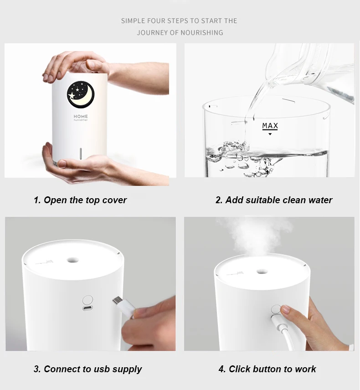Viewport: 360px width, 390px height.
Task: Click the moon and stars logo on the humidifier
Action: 81,94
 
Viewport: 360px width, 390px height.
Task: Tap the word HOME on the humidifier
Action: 81,116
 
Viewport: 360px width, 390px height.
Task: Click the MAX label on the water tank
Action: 270,126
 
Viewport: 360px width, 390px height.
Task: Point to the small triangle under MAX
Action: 270,134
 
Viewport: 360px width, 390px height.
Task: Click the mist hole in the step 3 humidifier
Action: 72,260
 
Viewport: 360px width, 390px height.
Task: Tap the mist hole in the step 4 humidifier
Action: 261,271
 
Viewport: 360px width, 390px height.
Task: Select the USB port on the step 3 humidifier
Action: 87,308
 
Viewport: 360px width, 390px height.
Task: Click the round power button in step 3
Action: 87,300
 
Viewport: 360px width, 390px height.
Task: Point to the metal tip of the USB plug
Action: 116,301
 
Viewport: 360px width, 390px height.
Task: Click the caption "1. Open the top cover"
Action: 80,200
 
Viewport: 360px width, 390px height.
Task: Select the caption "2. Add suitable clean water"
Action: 274,200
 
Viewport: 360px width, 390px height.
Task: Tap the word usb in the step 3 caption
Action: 102,369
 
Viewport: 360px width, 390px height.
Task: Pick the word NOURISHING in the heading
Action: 201,33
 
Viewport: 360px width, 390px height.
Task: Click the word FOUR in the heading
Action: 156,21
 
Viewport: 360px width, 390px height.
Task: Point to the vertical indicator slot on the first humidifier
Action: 80,154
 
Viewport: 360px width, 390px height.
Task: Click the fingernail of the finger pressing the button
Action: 286,310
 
